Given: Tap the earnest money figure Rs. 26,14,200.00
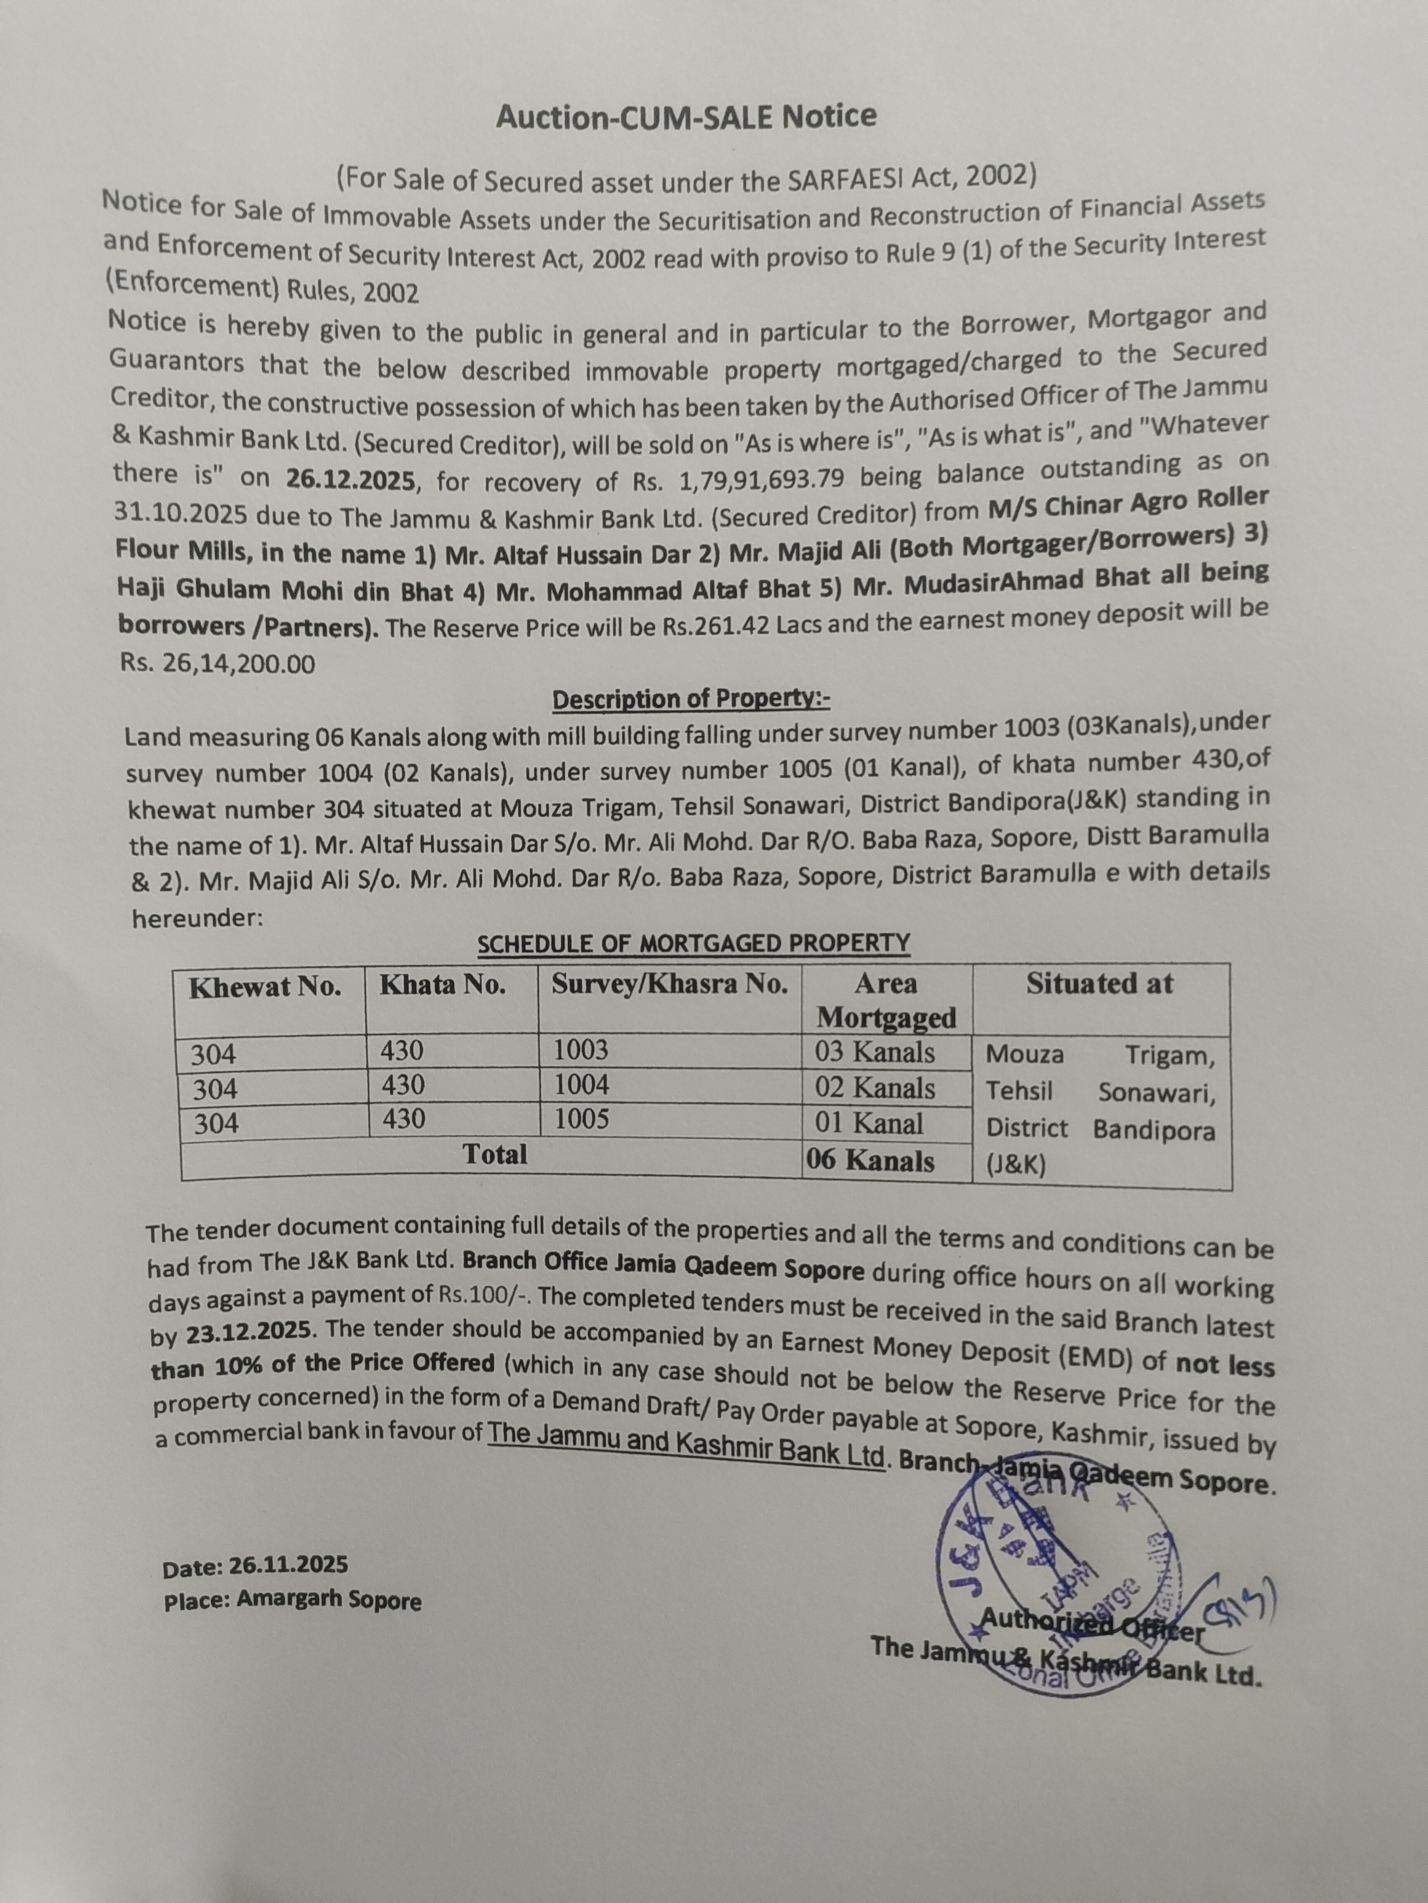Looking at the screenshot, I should tap(218, 663).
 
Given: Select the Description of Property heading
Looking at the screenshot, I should tap(690, 700).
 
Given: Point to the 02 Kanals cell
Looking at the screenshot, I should tap(875, 1088).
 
